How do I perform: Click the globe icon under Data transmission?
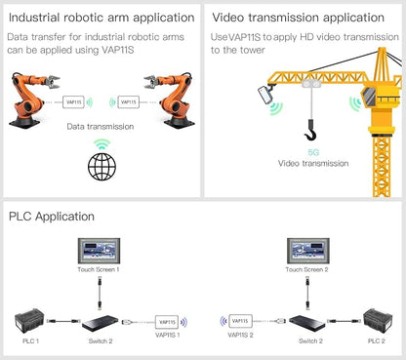click(x=101, y=166)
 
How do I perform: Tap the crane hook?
click(x=311, y=131)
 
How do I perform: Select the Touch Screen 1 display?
click(x=99, y=251)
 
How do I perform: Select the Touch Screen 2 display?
click(x=308, y=251)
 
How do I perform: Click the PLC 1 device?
click(x=29, y=321)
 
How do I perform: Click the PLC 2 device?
click(x=378, y=321)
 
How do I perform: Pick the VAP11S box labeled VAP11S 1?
click(x=167, y=322)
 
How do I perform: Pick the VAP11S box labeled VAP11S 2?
click(x=240, y=321)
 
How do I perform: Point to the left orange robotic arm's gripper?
click(x=53, y=81)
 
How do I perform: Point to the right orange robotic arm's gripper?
click(x=151, y=81)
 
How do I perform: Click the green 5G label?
click(x=313, y=152)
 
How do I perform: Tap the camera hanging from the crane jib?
click(x=266, y=94)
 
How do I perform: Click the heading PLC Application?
click(x=52, y=217)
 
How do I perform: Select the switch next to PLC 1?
click(x=101, y=323)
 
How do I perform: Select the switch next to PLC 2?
click(x=307, y=323)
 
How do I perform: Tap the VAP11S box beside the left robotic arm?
click(x=73, y=102)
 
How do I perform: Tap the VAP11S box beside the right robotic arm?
click(x=129, y=102)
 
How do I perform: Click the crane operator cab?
click(x=369, y=97)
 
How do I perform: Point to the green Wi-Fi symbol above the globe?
click(x=102, y=144)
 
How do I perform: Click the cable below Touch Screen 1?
click(x=100, y=293)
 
